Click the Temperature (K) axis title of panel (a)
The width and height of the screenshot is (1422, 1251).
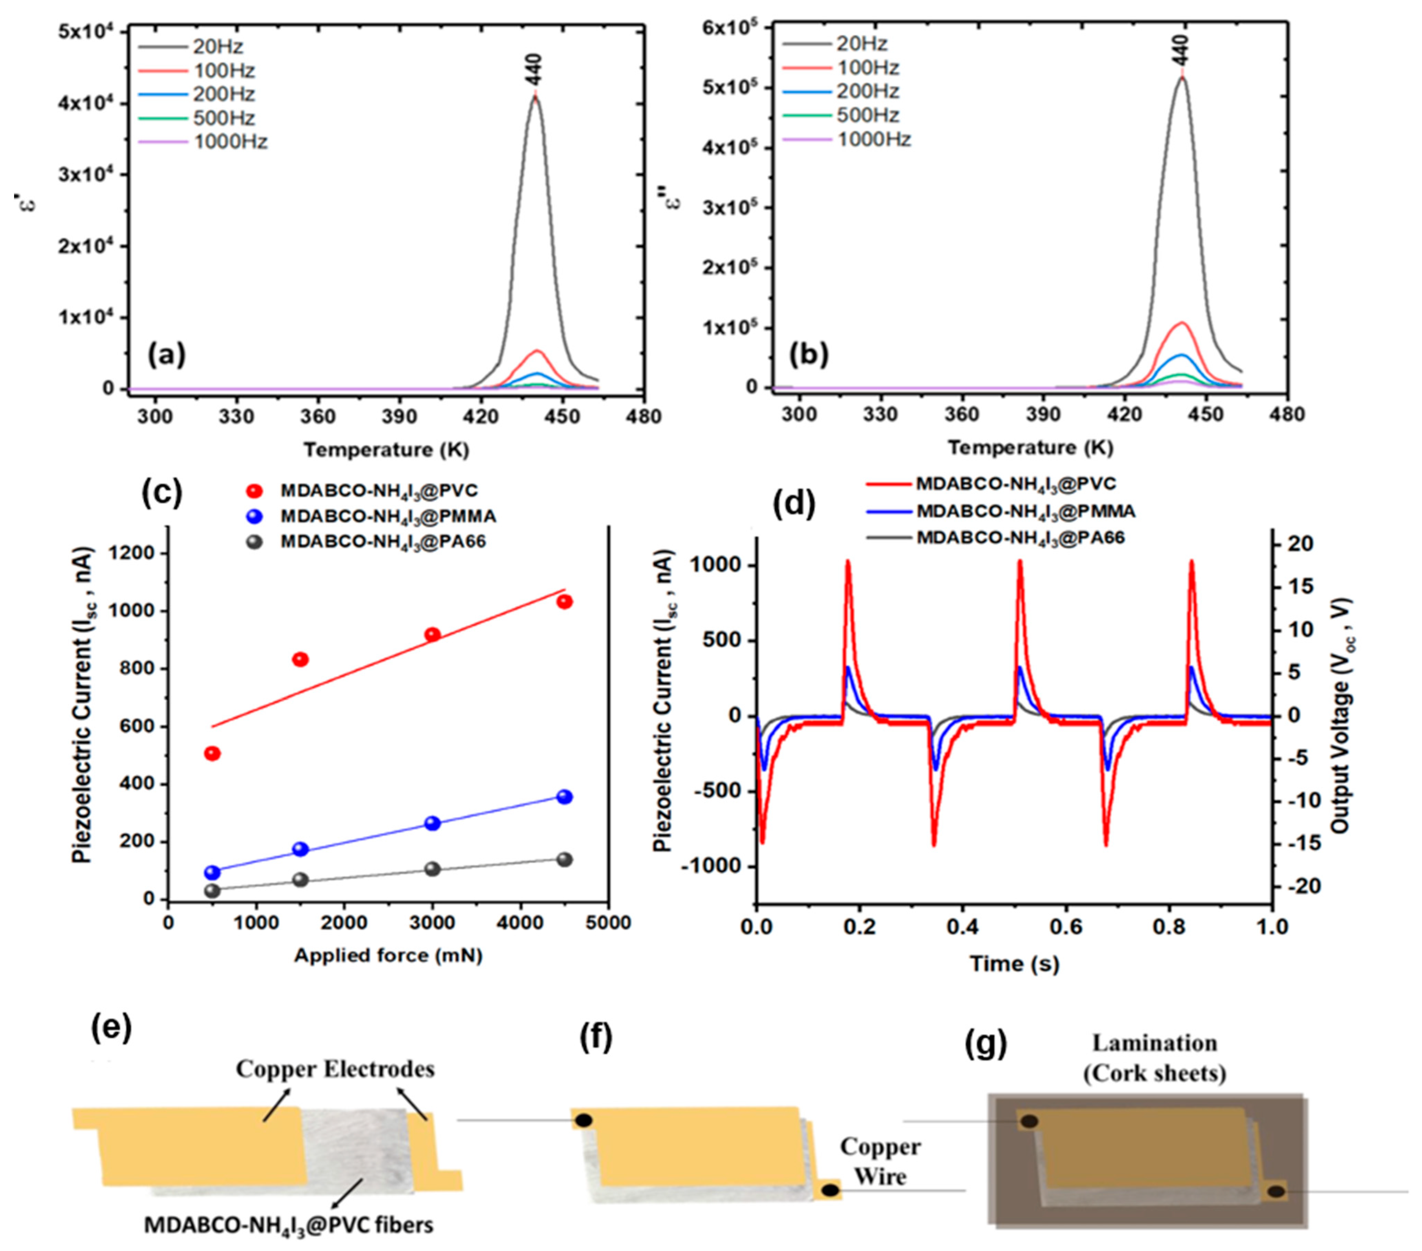(386, 450)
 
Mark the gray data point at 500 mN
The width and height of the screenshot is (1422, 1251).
(212, 891)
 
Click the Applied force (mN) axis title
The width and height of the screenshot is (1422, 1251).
(388, 955)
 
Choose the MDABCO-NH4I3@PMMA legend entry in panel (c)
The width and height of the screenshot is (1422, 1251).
(388, 516)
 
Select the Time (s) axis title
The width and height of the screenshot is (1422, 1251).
(1014, 964)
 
